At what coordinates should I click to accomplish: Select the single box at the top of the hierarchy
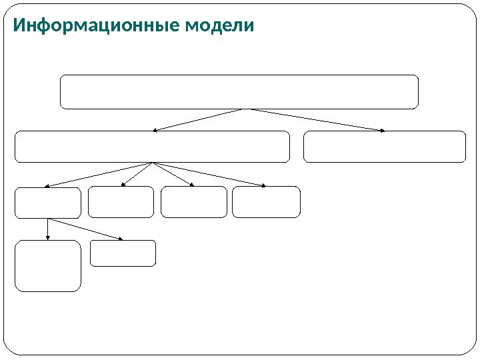239,92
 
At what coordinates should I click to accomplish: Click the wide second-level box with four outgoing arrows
153,147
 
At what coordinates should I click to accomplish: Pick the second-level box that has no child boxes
385,147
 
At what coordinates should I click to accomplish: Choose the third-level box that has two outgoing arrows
48,203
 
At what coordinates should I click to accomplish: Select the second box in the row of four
121,202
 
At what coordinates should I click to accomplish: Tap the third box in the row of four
194,202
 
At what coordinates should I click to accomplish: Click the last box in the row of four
266,202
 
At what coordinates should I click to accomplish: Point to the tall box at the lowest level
48,266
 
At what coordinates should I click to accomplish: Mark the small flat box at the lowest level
123,253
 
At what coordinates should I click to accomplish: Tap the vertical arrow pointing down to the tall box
47,229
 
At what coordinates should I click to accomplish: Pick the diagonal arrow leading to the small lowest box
85,229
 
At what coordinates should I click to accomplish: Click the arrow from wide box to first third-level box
100,175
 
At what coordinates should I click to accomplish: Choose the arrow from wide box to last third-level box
209,175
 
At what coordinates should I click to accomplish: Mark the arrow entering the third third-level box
173,175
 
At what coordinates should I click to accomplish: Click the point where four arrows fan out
153,163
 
